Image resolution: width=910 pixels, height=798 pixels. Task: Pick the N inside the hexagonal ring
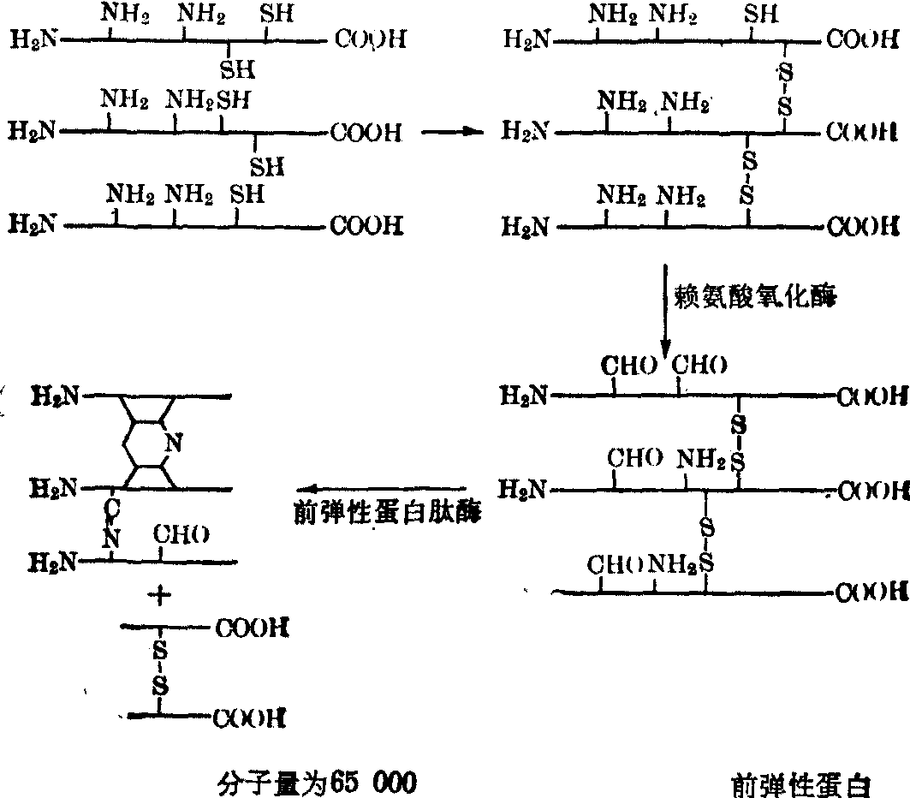click(x=173, y=443)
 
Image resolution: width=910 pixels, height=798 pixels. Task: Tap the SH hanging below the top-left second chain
click(x=266, y=166)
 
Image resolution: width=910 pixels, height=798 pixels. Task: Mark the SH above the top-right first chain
click(x=761, y=13)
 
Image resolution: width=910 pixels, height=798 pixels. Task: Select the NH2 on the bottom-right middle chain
click(x=701, y=461)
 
